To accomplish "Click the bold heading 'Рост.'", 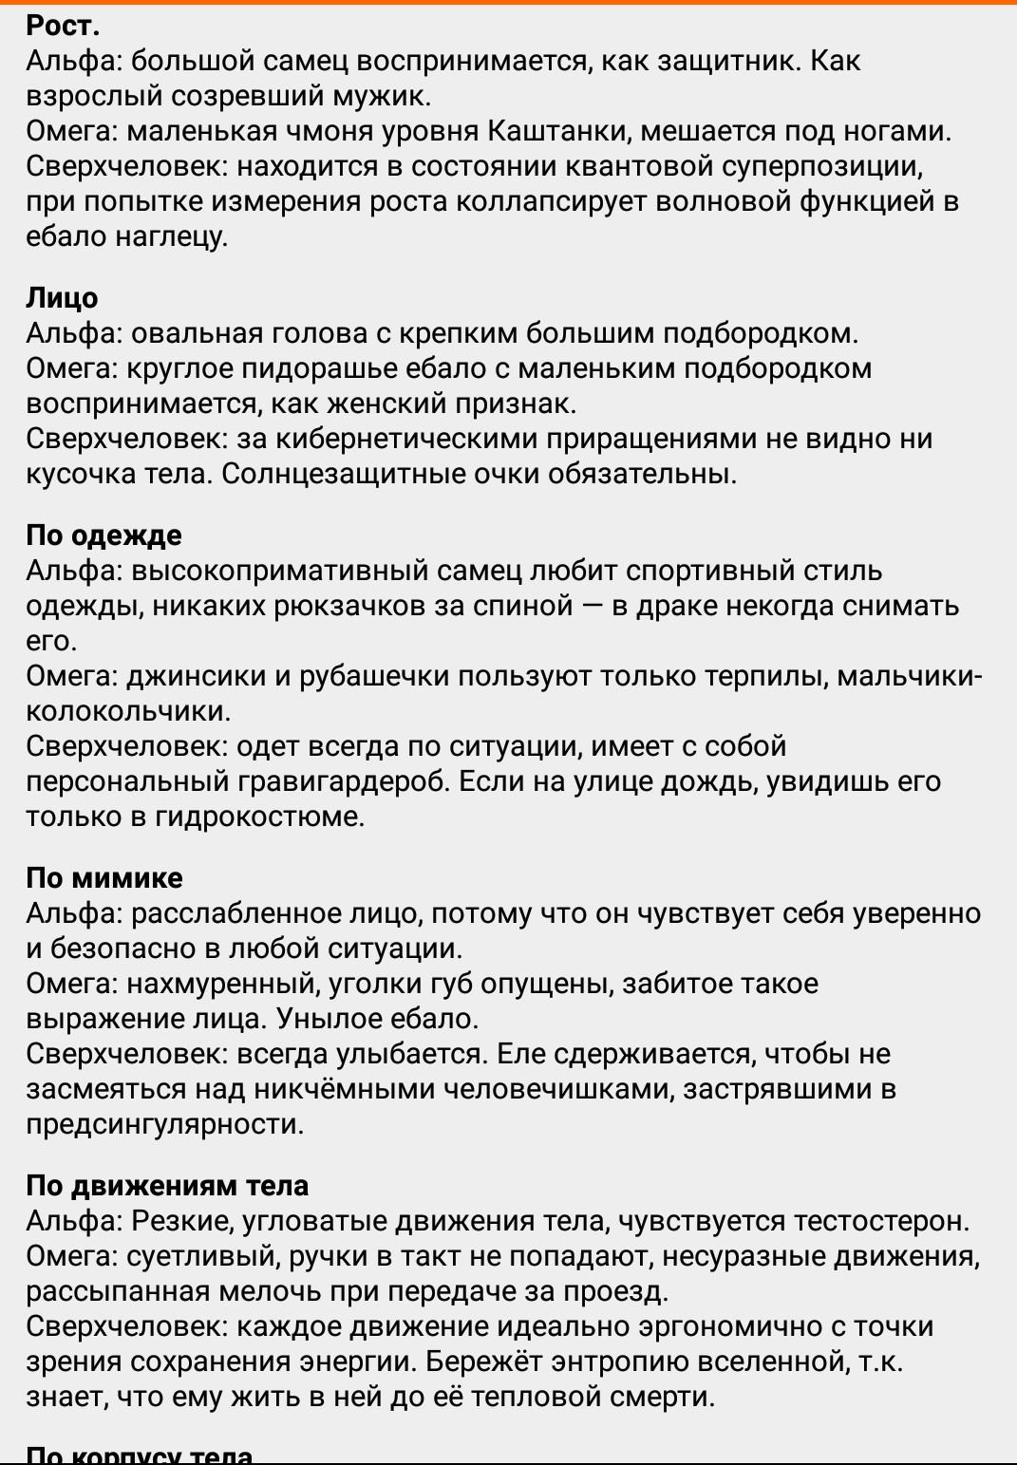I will pyautogui.click(x=63, y=26).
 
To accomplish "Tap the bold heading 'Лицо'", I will pyautogui.click(x=62, y=298).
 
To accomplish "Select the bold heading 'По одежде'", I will pyautogui.click(x=104, y=535).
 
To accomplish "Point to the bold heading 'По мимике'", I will pyautogui.click(x=104, y=878).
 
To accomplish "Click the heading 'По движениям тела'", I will pyautogui.click(x=167, y=1186).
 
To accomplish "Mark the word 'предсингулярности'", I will pyautogui.click(x=165, y=1124).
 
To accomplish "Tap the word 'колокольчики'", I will pyautogui.click(x=128, y=711).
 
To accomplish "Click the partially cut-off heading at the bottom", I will pyautogui.click(x=140, y=1456).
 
